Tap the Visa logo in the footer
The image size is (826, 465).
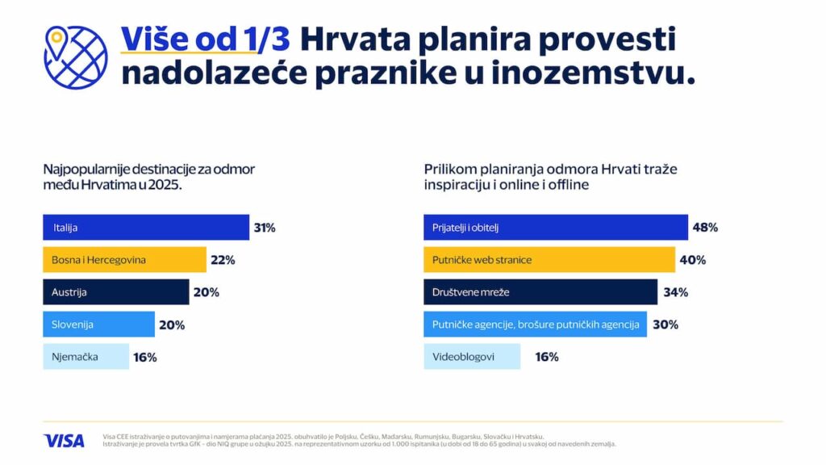pyautogui.click(x=64, y=441)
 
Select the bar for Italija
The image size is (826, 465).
pyautogui.click(x=146, y=228)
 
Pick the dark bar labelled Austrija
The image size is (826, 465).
pyautogui.click(x=115, y=292)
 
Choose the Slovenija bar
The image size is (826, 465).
pyautogui.click(x=98, y=325)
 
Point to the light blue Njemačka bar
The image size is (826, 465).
pyautogui.click(x=86, y=357)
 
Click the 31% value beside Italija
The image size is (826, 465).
pyautogui.click(x=265, y=228)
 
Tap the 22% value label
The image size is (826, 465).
pyautogui.click(x=223, y=260)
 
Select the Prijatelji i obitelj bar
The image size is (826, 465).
pyautogui.click(x=556, y=228)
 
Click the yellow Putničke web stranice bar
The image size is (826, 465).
pyautogui.click(x=549, y=260)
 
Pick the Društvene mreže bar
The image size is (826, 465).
pyautogui.click(x=540, y=292)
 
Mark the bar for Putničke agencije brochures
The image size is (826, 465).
pyautogui.click(x=535, y=325)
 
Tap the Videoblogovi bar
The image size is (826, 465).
pyautogui.click(x=472, y=357)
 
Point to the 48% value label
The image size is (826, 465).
pyautogui.click(x=705, y=228)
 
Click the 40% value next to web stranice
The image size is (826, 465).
pyautogui.click(x=693, y=260)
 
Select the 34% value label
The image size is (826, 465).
pyautogui.click(x=675, y=292)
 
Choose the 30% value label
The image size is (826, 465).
pyautogui.click(x=665, y=325)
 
